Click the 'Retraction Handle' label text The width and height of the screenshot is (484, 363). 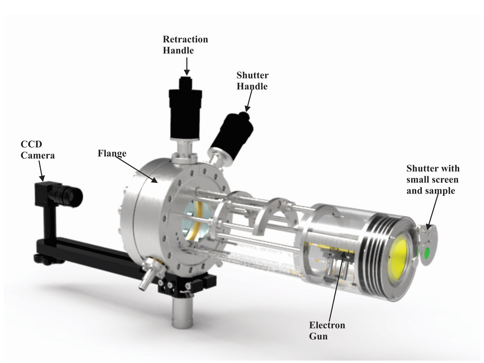[x=185, y=45]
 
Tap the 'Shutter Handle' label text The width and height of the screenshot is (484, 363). [x=252, y=81]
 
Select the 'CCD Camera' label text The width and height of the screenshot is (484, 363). [x=37, y=149]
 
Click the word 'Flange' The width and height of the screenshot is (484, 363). [x=112, y=153]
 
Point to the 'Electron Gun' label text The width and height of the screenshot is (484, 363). [x=327, y=330]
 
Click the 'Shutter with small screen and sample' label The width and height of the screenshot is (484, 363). [x=433, y=179]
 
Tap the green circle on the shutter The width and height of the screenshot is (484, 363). [x=427, y=251]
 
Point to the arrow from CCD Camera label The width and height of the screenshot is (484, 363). [x=41, y=171]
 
